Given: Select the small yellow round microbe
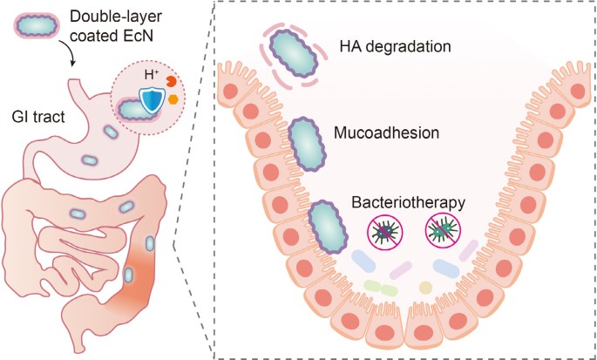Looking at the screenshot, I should pyautogui.click(x=424, y=287).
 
